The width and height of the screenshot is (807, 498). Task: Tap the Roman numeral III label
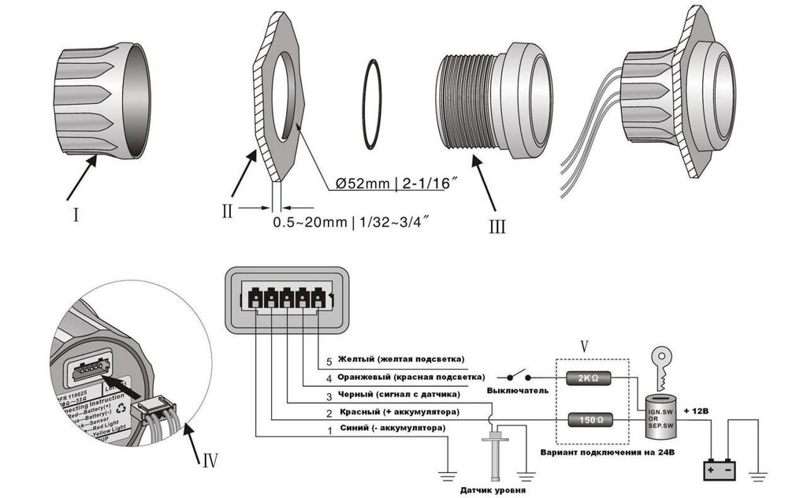pos(497,226)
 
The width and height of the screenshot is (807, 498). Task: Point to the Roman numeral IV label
pos(206,459)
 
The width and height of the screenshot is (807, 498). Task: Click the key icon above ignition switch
pos(660,362)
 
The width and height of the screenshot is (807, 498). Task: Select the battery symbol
pos(720,470)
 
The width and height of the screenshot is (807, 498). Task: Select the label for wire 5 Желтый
pos(396,359)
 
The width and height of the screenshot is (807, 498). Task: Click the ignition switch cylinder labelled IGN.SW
pos(660,414)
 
